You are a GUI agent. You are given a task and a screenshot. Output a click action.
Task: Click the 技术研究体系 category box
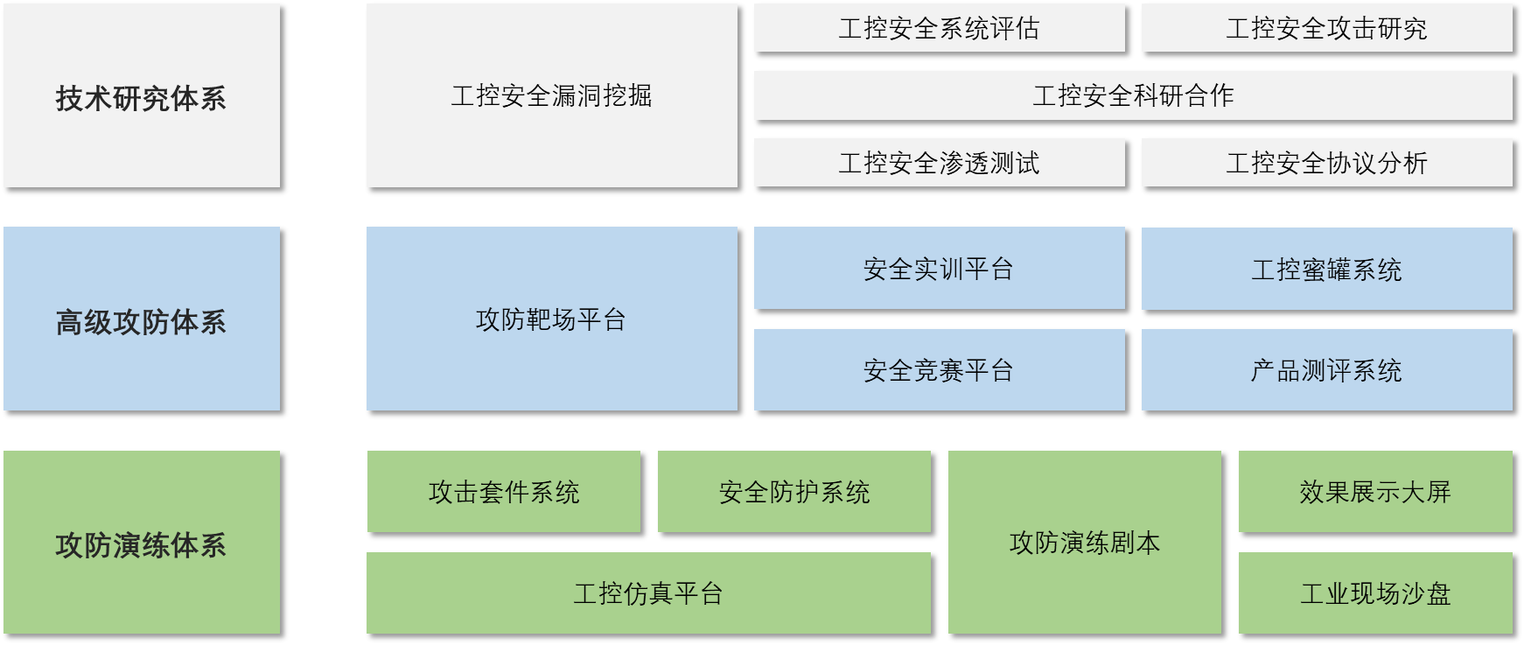142,95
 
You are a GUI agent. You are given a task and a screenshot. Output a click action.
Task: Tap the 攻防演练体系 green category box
142,543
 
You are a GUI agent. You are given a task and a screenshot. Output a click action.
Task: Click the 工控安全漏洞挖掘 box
551,95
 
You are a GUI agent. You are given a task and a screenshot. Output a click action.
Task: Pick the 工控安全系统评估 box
939,28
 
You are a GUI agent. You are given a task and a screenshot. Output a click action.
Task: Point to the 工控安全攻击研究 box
1326,28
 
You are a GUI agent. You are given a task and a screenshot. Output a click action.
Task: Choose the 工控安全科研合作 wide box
1133,95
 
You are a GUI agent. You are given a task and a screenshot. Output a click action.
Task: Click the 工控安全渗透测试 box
939,163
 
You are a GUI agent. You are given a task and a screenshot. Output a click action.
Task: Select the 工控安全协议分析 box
1326,163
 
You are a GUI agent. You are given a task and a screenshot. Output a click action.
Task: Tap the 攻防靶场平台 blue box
551,319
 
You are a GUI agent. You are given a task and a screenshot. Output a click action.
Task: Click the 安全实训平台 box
939,268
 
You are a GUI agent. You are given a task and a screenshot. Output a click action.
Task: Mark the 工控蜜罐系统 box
1326,268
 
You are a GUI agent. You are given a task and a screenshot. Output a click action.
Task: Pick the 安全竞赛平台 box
939,369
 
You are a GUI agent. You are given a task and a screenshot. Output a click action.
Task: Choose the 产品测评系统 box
1326,369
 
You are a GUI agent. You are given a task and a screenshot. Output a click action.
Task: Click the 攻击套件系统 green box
504,491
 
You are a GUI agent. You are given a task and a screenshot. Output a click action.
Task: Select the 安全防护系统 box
794,491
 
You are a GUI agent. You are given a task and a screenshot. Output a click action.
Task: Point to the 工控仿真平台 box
648,592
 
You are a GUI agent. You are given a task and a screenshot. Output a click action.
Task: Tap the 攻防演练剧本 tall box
1085,543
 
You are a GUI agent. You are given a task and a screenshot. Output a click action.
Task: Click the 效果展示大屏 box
1375,491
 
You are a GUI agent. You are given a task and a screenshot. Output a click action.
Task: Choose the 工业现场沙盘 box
1375,592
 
